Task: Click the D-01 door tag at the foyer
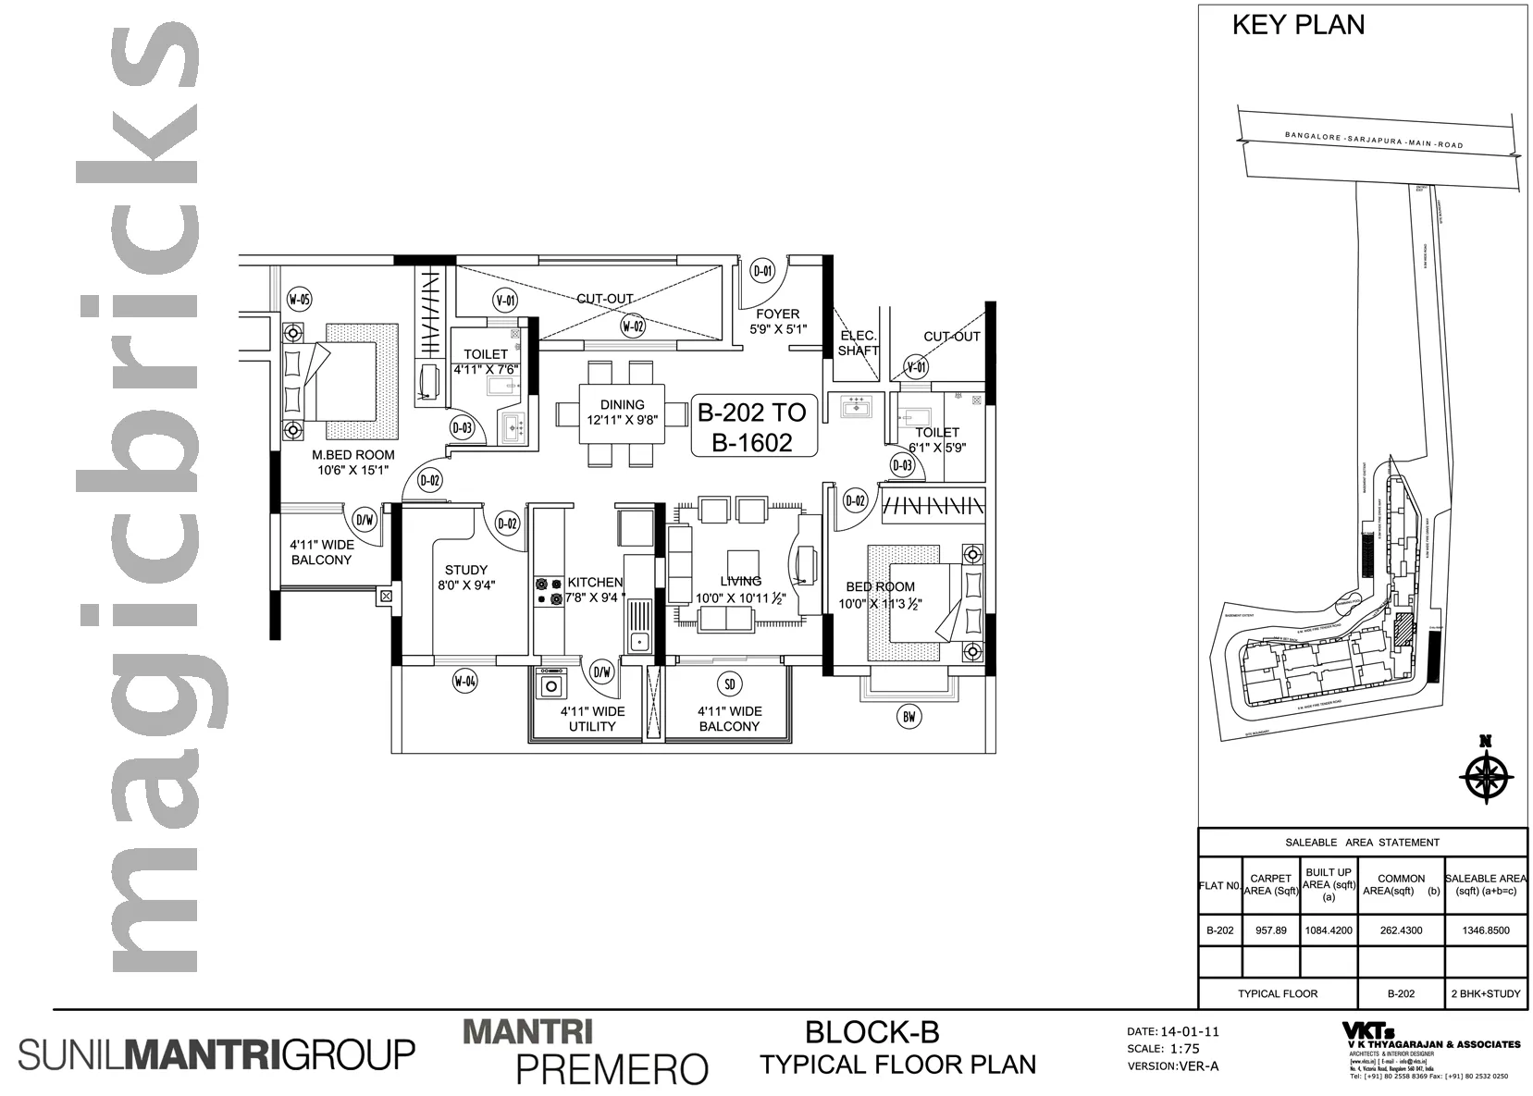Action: tap(762, 271)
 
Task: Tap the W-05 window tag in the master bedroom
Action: tap(299, 299)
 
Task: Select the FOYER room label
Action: tap(777, 314)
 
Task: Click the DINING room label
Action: tap(622, 404)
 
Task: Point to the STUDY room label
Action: tap(465, 570)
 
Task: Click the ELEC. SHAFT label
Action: tap(858, 343)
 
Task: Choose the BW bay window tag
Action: tap(909, 715)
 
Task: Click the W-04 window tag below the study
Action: tap(465, 683)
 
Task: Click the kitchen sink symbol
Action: tap(638, 628)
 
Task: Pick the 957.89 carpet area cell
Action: tap(1270, 930)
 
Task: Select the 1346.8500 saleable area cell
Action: tap(1486, 930)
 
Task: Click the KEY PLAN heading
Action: tap(1297, 25)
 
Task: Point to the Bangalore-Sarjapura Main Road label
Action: tap(1374, 141)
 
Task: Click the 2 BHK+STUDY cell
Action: tap(1486, 994)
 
